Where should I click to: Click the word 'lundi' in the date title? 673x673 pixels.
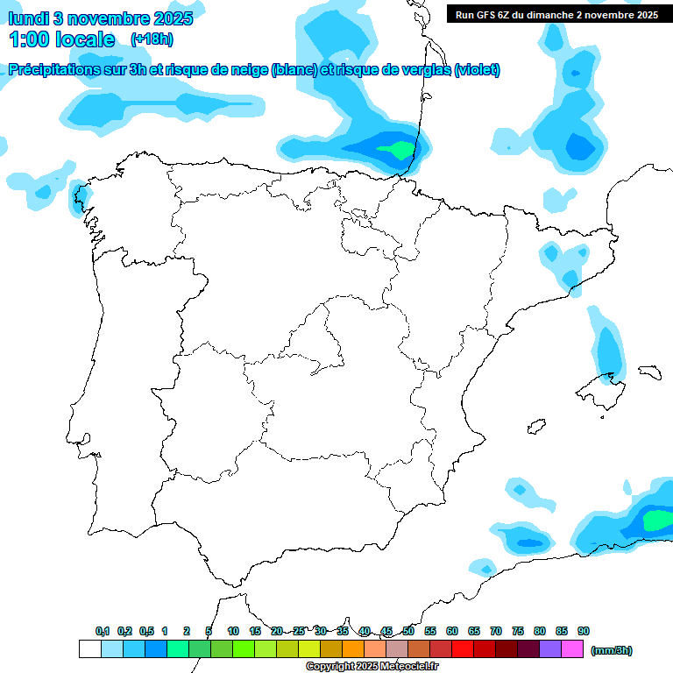(29, 18)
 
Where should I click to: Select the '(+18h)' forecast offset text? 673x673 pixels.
(152, 39)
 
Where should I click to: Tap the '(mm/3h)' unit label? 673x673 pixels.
(612, 650)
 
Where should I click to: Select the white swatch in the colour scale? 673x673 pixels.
(89, 649)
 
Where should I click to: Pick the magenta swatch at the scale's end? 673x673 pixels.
(572, 649)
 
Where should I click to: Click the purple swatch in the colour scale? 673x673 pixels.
(550, 649)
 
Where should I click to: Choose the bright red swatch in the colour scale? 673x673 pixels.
(463, 649)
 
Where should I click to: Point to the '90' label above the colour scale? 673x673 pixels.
(584, 631)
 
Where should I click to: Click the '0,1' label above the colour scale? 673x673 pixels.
(103, 631)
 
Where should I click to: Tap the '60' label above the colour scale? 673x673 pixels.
(452, 631)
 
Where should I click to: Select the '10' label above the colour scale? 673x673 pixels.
(233, 631)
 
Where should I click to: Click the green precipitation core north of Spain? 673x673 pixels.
(399, 150)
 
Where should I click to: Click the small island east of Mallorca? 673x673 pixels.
(648, 372)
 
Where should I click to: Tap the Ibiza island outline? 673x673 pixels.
(535, 427)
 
